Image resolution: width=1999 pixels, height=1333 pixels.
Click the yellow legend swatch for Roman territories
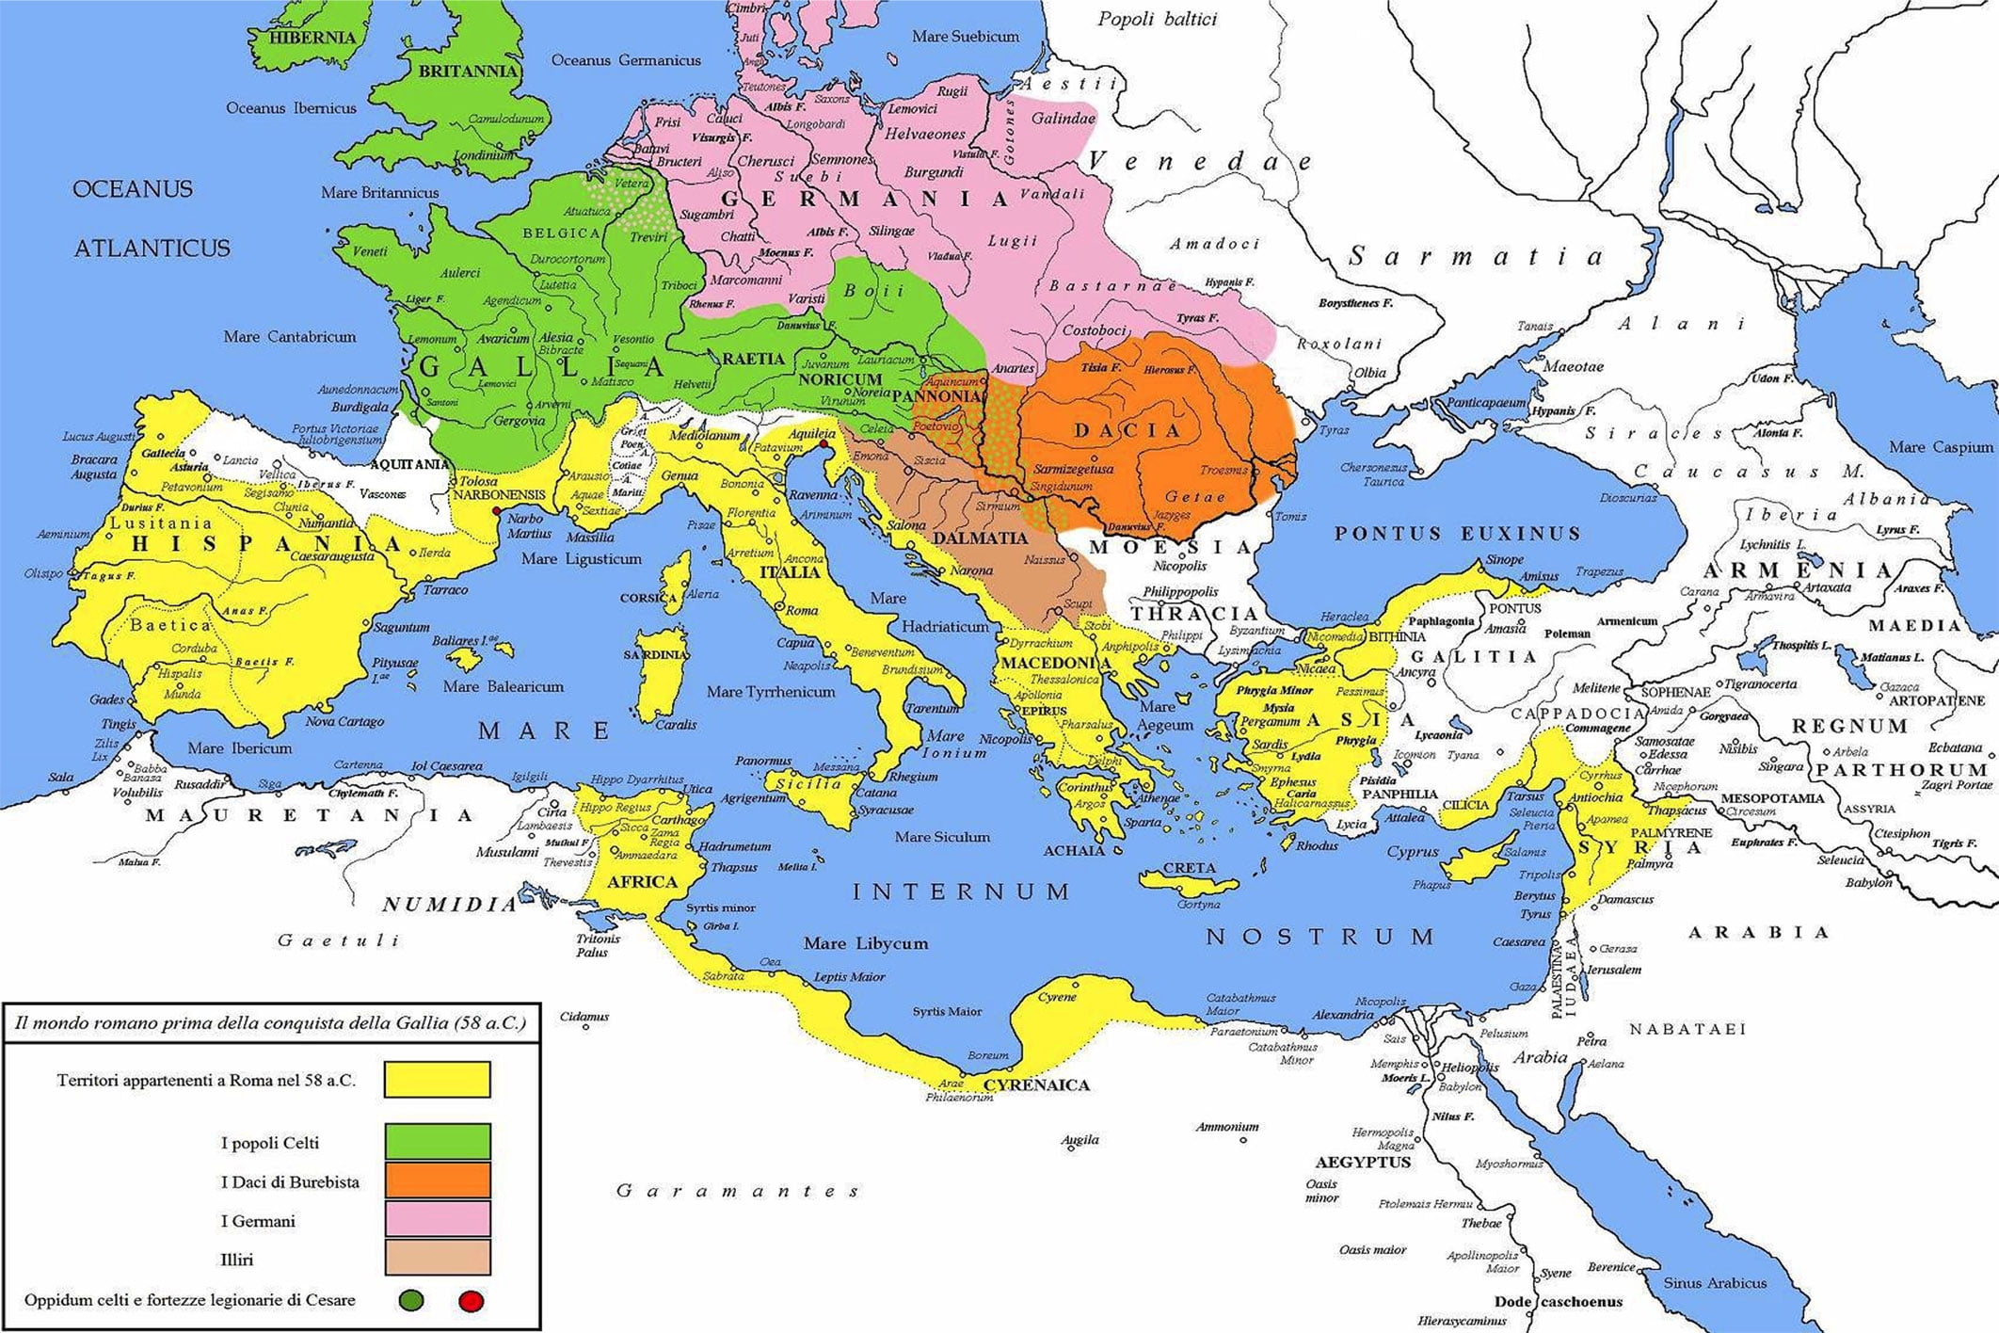pos(437,1080)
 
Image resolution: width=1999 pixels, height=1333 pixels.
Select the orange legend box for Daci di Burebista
pos(437,1180)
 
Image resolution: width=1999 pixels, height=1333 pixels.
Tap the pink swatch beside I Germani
pos(437,1219)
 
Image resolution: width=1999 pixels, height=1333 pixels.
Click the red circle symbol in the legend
pos(471,1302)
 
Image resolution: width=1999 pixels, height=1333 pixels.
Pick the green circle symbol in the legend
pos(411,1301)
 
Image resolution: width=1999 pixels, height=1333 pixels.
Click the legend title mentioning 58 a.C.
pos(270,1023)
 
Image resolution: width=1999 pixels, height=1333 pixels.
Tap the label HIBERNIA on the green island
pos(312,38)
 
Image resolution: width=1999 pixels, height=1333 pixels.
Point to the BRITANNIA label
pos(468,72)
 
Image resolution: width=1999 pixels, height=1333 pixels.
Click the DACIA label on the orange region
pos(1127,430)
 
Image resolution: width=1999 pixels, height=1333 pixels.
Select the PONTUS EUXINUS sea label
pos(1457,534)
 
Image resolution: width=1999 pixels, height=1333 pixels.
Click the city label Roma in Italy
pos(801,610)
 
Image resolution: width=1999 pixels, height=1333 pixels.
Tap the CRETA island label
pos(1190,868)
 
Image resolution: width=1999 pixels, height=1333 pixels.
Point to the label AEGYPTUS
pos(1363,1162)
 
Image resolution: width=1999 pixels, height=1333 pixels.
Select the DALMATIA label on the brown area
pos(980,538)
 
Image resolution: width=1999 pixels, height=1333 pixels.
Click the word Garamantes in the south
pos(737,1191)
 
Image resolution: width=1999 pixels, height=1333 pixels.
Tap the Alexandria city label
pos(1343,1015)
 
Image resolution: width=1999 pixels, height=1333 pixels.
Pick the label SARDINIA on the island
pos(655,654)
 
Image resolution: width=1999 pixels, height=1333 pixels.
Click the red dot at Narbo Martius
pos(496,511)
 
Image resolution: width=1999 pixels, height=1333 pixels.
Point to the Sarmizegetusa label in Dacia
pos(1073,469)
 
